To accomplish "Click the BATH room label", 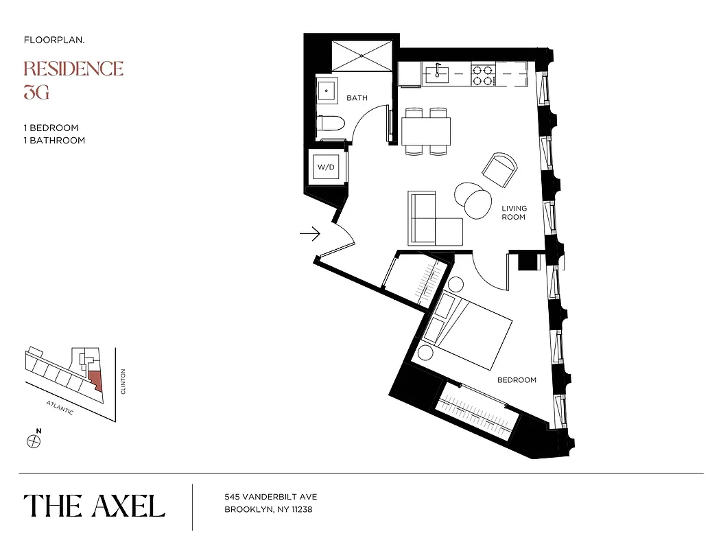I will click(x=357, y=98).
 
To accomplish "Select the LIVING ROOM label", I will click(x=513, y=213).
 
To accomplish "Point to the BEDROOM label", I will click(x=517, y=379).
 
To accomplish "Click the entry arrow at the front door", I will click(x=310, y=235).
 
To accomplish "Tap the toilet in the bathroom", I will click(x=331, y=126).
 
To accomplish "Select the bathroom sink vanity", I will click(x=327, y=89).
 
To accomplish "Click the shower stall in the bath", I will click(x=360, y=54).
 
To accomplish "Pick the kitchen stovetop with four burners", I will click(x=483, y=75).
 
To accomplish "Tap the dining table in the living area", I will click(x=426, y=130).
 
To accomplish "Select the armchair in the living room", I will click(x=501, y=170).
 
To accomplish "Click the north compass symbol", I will click(x=34, y=441).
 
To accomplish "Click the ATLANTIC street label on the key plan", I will click(x=60, y=407).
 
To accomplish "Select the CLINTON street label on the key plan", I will click(x=123, y=382).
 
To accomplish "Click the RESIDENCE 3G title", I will click(x=73, y=80).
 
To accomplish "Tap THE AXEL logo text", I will click(x=95, y=506).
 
